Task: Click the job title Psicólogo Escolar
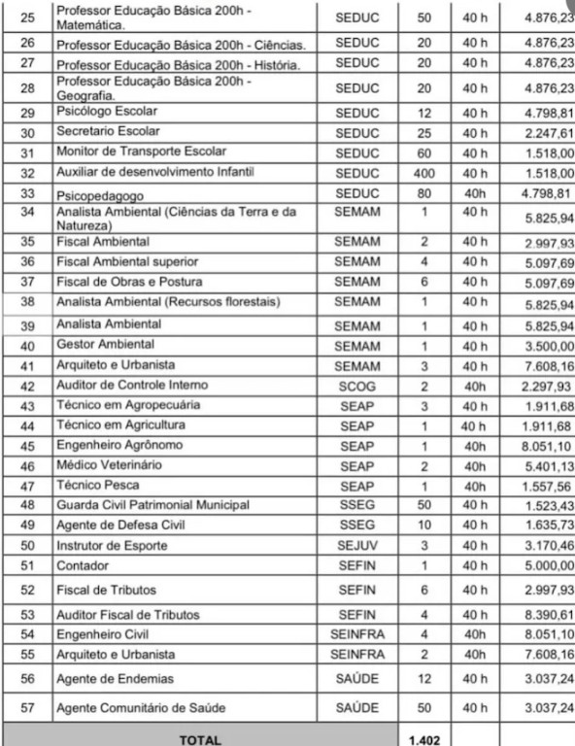[107, 113]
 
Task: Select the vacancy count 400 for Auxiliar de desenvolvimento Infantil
[423, 173]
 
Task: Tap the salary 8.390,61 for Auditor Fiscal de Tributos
[548, 615]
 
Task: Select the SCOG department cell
[357, 386]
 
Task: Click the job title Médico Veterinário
[109, 466]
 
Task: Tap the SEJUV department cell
[357, 546]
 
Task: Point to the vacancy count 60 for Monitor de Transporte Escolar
[423, 153]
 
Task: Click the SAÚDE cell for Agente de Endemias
[357, 679]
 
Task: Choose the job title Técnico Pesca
[97, 486]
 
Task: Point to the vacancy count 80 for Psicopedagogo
[423, 193]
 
